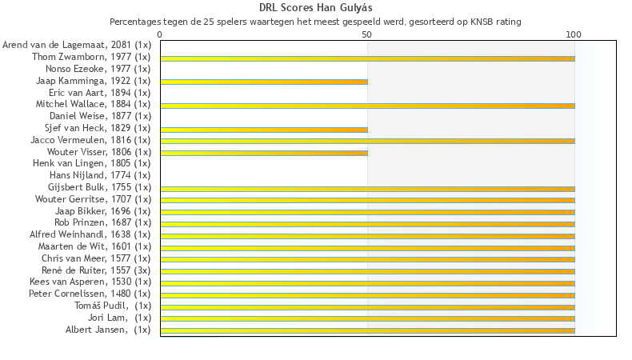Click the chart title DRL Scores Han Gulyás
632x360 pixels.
315,8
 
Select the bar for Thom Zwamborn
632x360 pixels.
367,58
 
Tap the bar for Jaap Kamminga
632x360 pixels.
264,82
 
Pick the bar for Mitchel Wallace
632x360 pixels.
367,106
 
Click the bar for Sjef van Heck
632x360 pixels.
264,129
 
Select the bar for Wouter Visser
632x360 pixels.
264,153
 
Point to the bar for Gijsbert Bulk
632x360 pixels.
367,188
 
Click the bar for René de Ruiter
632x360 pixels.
367,271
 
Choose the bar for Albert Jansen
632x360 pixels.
367,330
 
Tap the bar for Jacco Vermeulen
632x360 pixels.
367,141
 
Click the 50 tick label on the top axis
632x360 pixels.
367,35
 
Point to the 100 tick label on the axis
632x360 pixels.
574,35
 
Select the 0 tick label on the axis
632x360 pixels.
160,35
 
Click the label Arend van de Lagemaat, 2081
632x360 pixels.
77,45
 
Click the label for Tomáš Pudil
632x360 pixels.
113,306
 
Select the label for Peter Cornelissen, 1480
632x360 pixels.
90,294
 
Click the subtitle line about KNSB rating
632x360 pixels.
315,22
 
